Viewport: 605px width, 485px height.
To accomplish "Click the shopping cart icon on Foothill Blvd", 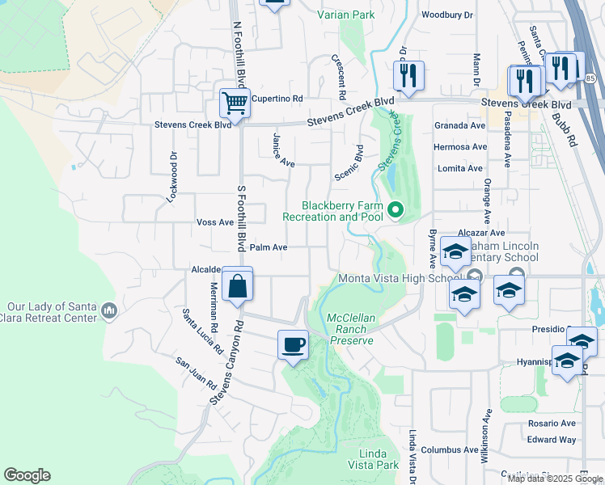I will [x=235, y=103].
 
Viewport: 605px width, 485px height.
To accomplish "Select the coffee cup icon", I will [x=293, y=345].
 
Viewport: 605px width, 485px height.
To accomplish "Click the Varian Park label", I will [x=346, y=15].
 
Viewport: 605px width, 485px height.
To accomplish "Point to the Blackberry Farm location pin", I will [x=396, y=211].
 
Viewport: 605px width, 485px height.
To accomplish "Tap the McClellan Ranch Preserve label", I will [x=352, y=329].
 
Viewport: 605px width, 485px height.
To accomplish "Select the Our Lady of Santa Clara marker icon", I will [x=111, y=310].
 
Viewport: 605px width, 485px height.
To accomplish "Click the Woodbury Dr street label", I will [x=446, y=15].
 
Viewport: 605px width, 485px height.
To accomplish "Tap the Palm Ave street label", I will [x=269, y=247].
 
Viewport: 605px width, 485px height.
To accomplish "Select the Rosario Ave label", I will [x=551, y=423].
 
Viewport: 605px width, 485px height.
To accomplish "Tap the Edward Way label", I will [x=552, y=440].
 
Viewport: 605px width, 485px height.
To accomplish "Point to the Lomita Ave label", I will [x=459, y=168].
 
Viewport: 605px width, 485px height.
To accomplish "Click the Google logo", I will [x=27, y=475].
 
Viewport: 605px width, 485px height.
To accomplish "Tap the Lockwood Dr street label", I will [x=173, y=176].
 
